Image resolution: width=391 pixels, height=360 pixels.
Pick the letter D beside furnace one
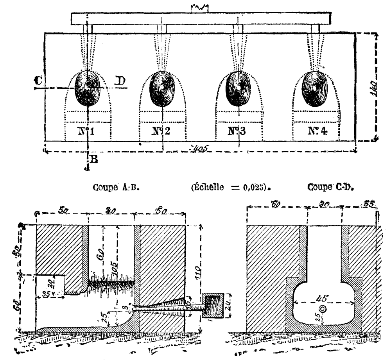click(120, 81)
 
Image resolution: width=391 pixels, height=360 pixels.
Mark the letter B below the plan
click(93, 159)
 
